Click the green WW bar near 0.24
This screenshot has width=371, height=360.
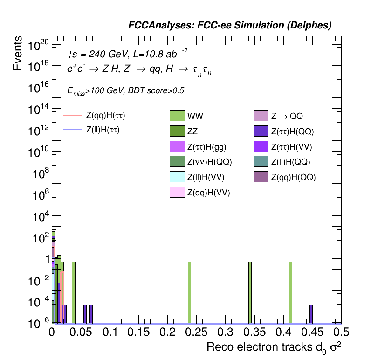click(x=190, y=292)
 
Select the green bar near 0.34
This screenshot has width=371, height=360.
click(x=250, y=292)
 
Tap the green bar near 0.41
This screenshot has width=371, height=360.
click(x=290, y=292)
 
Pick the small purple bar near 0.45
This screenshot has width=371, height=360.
click(x=311, y=314)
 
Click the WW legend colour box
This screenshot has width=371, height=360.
click(x=178, y=115)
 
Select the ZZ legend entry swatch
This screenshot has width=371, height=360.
click(x=178, y=132)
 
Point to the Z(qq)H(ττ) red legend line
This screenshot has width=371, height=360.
click(x=72, y=115)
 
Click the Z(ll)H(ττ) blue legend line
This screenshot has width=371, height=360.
click(x=72, y=130)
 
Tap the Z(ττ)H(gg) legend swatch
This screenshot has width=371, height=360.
click(x=178, y=147)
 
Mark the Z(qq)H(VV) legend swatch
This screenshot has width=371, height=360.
click(x=178, y=192)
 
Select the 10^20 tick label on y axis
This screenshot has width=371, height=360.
click(x=39, y=46)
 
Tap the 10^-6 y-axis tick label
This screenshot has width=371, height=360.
click(x=39, y=323)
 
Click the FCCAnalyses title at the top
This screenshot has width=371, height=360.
click(x=230, y=26)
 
